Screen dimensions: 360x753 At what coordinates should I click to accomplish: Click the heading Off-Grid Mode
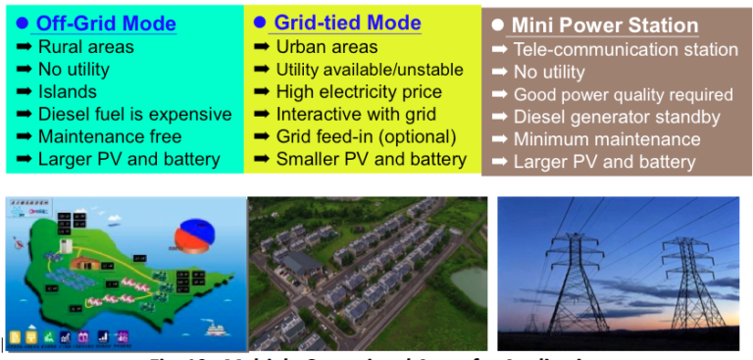click(106, 24)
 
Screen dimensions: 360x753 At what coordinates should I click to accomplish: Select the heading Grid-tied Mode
click(347, 23)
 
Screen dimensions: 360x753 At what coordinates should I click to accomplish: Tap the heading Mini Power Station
click(606, 26)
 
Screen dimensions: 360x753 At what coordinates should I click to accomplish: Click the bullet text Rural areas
click(85, 47)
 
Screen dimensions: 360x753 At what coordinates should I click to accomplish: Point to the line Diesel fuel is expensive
click(134, 114)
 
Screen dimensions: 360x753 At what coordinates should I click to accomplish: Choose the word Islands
click(67, 91)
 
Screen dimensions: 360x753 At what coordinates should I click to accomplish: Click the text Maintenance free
click(109, 136)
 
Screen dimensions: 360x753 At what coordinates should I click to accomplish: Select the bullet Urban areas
click(326, 47)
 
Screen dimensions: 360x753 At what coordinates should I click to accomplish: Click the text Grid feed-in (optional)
click(366, 136)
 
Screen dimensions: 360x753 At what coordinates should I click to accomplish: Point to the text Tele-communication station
click(626, 50)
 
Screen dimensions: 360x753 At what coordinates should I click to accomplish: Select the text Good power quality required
click(623, 95)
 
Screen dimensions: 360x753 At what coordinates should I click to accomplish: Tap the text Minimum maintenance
click(606, 140)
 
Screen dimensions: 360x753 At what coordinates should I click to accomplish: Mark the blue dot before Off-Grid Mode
click(22, 24)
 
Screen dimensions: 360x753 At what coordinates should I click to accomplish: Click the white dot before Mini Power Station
click(498, 26)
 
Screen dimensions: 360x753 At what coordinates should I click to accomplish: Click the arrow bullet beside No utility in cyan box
click(22, 70)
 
